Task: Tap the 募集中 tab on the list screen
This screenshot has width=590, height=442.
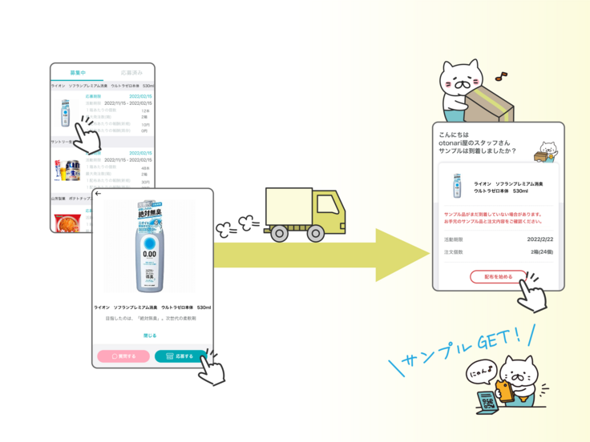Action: [x=78, y=73]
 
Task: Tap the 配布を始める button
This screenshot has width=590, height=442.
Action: [x=498, y=277]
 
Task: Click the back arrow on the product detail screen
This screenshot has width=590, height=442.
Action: [x=99, y=194]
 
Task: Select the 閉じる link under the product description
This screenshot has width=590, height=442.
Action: [x=150, y=336]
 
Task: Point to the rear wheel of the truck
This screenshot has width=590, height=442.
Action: [x=279, y=234]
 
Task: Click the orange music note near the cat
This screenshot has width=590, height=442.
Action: [x=501, y=77]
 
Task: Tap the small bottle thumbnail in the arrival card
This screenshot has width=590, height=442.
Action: [x=457, y=187]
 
